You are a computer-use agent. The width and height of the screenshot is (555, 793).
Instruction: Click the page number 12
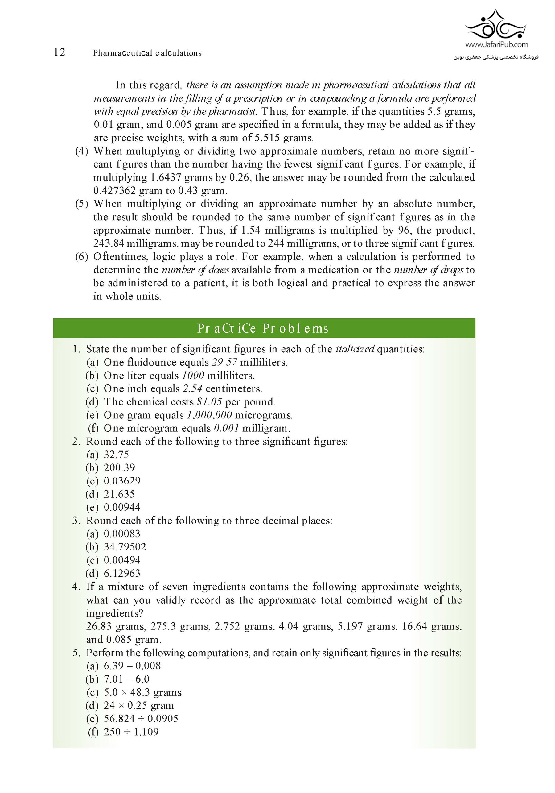60,52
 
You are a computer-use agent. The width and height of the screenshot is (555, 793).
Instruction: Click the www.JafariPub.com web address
496,44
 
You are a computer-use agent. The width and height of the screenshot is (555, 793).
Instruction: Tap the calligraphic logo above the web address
495,25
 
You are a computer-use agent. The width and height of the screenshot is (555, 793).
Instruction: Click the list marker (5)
82,204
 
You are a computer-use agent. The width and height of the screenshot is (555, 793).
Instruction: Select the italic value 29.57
224,362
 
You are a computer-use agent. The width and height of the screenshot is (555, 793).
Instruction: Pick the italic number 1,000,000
209,415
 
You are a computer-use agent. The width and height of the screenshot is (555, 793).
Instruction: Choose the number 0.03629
122,481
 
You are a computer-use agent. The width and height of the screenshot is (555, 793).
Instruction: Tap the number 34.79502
125,547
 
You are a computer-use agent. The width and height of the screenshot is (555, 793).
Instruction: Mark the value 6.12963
122,573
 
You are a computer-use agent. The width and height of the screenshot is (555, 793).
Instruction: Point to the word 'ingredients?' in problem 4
115,613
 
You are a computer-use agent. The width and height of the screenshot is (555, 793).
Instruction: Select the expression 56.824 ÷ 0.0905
141,719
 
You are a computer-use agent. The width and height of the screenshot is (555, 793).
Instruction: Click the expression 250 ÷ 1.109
131,732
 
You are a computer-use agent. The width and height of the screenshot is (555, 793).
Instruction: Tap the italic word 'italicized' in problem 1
355,349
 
